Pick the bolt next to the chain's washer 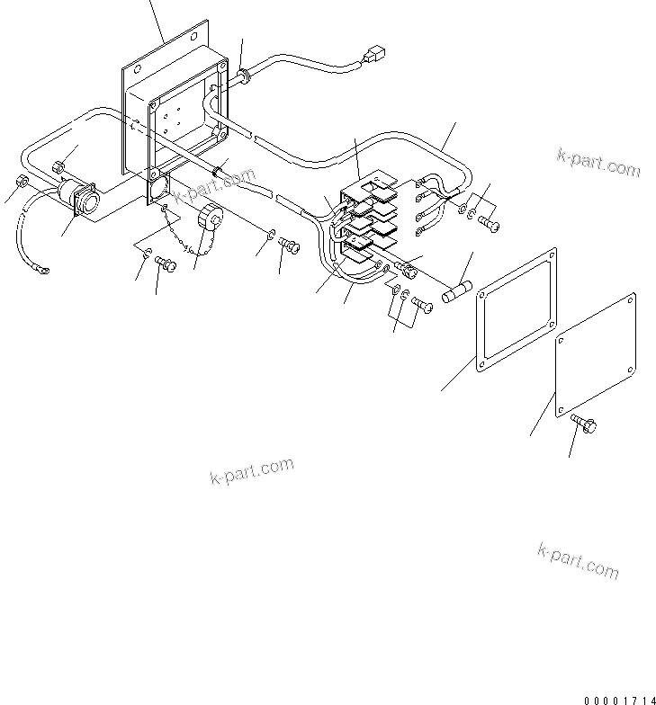(x=165, y=263)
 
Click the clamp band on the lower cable (x=217, y=171)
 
